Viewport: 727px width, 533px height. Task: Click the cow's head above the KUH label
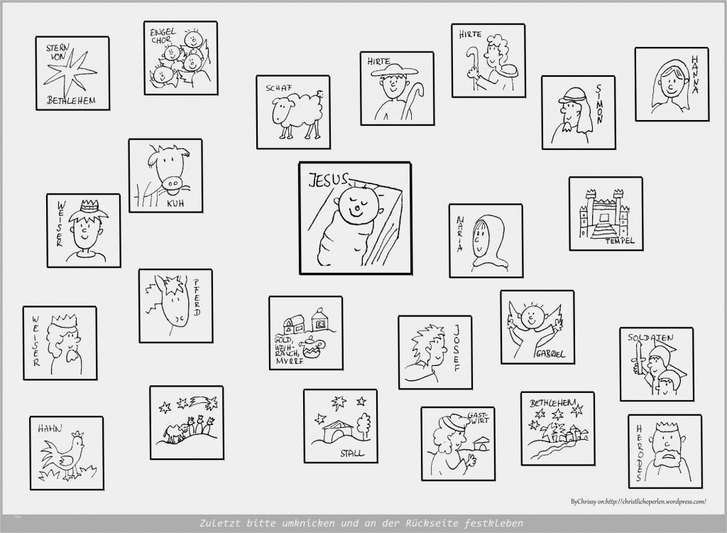(x=168, y=170)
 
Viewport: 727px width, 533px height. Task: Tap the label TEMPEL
(x=620, y=241)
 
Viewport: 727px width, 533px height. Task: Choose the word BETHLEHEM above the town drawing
(x=552, y=403)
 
